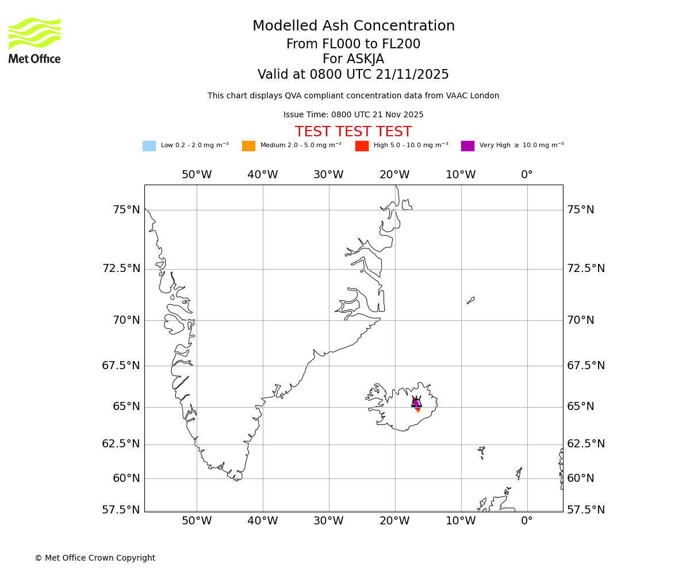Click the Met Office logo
(x=34, y=40)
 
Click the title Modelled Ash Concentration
(x=353, y=26)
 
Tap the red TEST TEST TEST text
(x=353, y=132)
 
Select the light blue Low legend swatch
(x=149, y=146)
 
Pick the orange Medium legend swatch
(x=248, y=146)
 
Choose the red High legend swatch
(x=362, y=146)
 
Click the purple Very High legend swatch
(x=467, y=146)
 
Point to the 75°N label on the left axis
(x=126, y=210)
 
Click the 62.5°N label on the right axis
(x=586, y=444)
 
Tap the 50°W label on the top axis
(x=197, y=175)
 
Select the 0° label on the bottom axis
(x=527, y=521)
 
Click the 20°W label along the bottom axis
(x=394, y=521)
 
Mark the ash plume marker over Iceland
(x=416, y=403)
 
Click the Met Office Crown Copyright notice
(x=95, y=558)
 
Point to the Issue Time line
(x=353, y=115)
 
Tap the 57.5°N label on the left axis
(x=121, y=510)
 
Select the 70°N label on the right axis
(x=581, y=320)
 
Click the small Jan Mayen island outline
(x=470, y=300)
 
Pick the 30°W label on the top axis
(x=328, y=175)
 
